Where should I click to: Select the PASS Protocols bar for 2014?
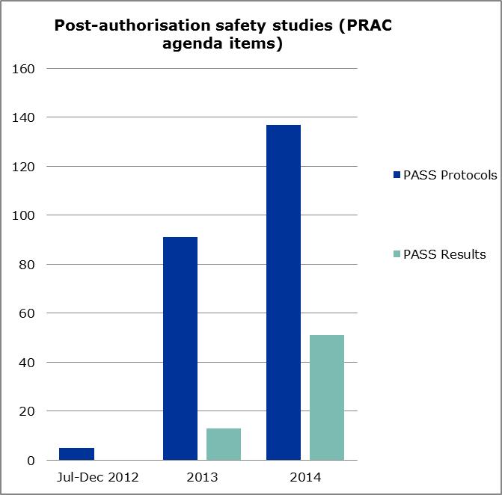(x=283, y=292)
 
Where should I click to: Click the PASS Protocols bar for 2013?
(x=180, y=348)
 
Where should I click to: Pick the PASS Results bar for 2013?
(x=224, y=444)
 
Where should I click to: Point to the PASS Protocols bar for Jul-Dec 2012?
(x=77, y=454)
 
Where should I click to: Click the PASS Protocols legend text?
(x=450, y=176)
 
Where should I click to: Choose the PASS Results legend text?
(x=444, y=254)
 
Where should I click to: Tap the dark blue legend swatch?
(x=397, y=176)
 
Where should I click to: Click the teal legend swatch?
(x=397, y=254)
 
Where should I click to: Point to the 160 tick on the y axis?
(x=25, y=69)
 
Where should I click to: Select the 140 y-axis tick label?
(x=25, y=117)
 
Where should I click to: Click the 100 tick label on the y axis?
(x=25, y=215)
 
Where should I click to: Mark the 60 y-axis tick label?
(x=28, y=313)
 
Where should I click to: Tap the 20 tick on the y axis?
(x=28, y=411)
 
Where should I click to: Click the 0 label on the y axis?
(x=31, y=461)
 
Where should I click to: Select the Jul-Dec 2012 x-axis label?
(x=98, y=477)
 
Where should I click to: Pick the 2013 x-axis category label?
(x=202, y=477)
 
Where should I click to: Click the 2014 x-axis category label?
(x=305, y=477)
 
